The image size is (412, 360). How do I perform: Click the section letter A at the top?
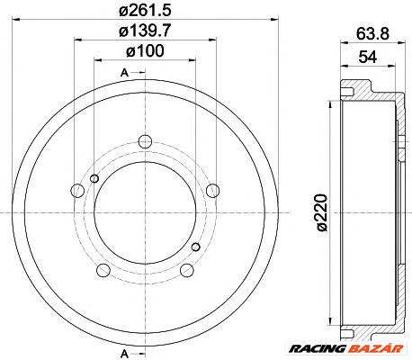122,72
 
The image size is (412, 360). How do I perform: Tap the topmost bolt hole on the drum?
144,139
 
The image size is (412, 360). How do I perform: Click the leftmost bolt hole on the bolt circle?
76,190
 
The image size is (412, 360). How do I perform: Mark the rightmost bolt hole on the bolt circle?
212,190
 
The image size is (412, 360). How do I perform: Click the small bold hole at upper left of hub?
94,178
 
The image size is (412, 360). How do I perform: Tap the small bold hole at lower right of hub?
195,245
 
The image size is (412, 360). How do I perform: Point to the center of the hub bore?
144,211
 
